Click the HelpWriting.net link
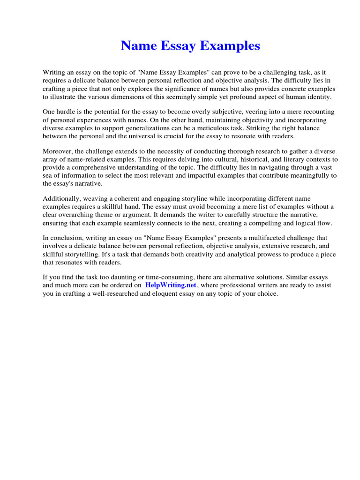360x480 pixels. [x=171, y=285]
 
